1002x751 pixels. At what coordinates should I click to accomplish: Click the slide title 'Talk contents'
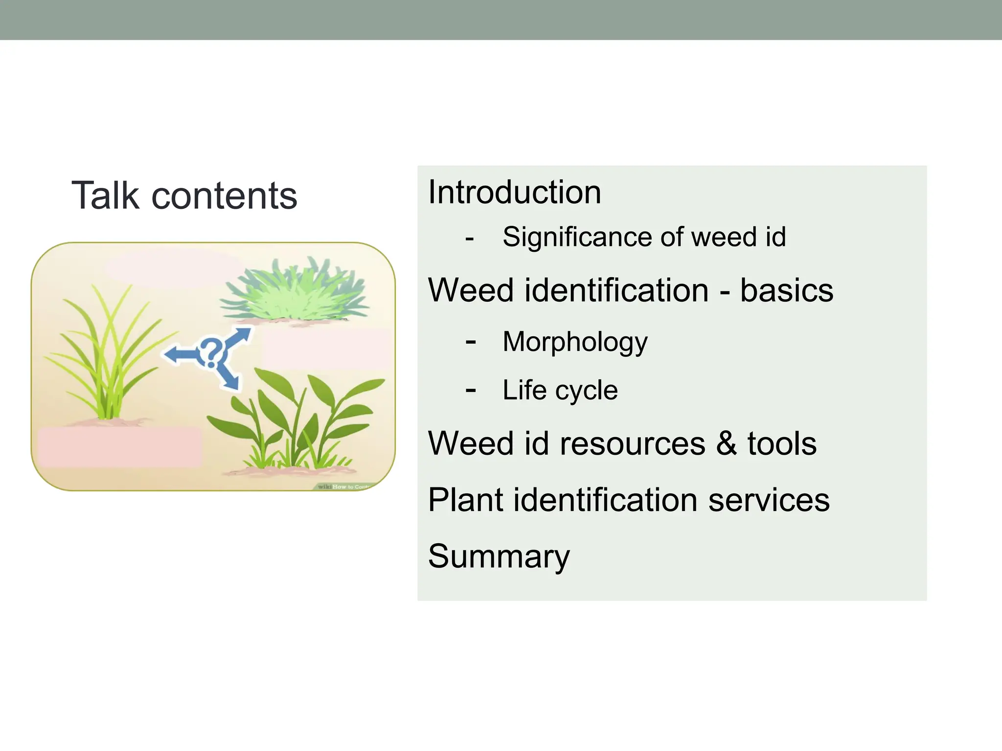pos(184,196)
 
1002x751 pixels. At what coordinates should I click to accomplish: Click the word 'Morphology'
pos(575,342)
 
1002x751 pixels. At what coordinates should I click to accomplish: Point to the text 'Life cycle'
pos(560,390)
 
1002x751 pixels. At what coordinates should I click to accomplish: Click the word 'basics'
pos(786,290)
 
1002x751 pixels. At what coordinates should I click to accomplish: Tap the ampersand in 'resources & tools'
pos(727,443)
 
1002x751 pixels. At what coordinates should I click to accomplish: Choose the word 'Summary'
pos(499,556)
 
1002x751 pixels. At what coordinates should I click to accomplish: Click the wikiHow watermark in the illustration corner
pos(345,486)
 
